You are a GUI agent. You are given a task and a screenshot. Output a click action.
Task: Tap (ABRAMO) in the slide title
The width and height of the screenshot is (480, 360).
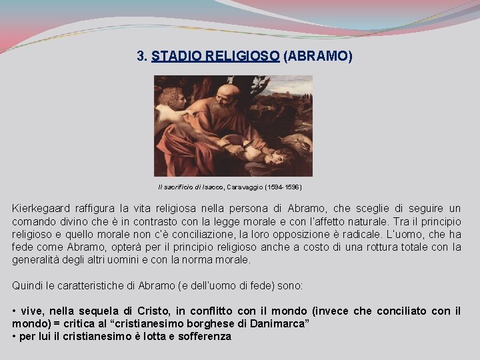tap(318, 57)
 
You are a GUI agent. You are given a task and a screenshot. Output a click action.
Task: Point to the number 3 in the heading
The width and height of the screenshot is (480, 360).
tap(140, 57)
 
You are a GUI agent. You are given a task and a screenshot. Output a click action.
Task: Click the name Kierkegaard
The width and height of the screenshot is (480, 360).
tap(43, 208)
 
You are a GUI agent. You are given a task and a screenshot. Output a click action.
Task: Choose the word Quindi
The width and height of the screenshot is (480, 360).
tap(27, 285)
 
